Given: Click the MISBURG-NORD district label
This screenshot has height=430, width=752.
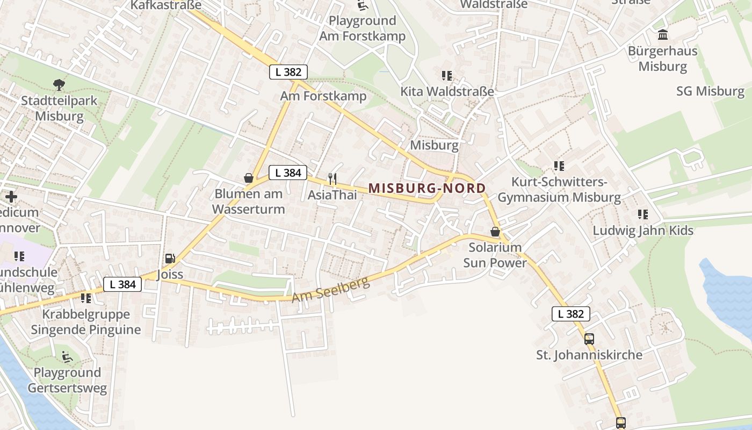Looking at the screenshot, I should [x=427, y=188].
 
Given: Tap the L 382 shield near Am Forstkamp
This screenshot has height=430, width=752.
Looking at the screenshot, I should [x=288, y=72].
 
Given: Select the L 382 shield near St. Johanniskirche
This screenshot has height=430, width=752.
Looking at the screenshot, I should [x=570, y=314].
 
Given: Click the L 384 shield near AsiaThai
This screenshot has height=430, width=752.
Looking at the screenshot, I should [x=288, y=173].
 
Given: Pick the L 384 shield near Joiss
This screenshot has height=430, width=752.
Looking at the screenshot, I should [x=122, y=284].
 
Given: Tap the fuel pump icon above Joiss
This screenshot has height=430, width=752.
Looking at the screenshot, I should [x=170, y=259].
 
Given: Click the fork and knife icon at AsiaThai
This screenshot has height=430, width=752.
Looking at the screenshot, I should [x=332, y=178].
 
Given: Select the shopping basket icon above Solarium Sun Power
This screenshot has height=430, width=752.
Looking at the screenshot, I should [x=495, y=232].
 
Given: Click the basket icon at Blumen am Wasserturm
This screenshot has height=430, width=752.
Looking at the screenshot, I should [x=249, y=177].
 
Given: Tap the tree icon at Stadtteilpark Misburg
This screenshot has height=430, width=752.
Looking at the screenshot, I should [x=59, y=84].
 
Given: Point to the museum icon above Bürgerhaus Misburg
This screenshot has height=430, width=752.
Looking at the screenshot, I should [x=663, y=35].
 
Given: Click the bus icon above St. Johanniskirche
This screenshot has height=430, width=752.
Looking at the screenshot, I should [x=589, y=339].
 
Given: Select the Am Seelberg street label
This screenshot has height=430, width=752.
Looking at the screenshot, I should [x=331, y=290].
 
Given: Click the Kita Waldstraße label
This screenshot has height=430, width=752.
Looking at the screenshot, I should [x=447, y=91].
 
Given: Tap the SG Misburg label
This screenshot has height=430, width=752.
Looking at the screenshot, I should [x=710, y=91].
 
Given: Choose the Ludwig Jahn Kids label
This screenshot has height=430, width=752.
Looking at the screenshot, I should [x=643, y=231].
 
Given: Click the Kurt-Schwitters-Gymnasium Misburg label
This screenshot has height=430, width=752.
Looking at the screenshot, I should [x=559, y=190].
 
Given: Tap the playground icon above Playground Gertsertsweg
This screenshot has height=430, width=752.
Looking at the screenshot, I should [x=67, y=356].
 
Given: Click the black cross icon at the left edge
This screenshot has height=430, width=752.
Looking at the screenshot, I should [x=11, y=197].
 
